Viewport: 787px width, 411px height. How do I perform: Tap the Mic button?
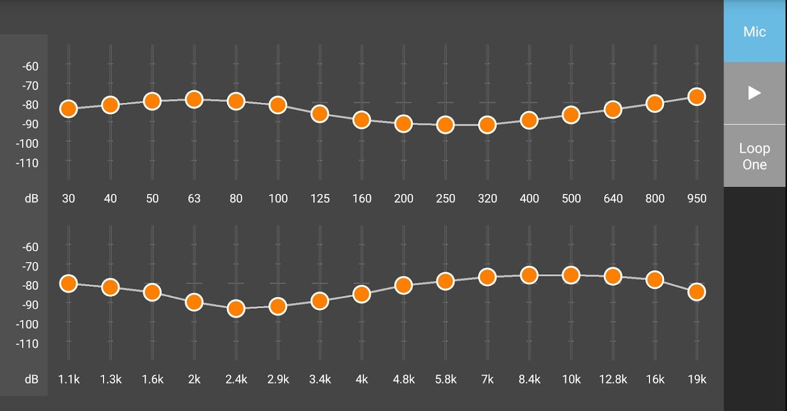tap(754, 32)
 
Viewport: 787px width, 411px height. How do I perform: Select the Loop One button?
tap(754, 156)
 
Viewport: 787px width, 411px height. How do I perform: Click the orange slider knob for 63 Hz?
tap(194, 99)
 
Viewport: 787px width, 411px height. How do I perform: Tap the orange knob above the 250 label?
tap(445, 125)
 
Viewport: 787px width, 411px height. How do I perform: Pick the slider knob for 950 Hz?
tap(697, 97)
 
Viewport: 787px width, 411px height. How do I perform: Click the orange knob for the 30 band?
tap(68, 109)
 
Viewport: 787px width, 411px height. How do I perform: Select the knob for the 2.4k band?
tap(236, 309)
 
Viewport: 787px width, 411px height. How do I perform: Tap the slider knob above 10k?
tap(571, 275)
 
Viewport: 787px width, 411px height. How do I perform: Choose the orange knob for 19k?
tap(697, 292)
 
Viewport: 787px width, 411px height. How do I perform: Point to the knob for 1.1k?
tap(68, 283)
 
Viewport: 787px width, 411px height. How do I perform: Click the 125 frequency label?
tap(320, 199)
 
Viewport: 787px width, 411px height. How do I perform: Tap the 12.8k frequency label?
tap(613, 380)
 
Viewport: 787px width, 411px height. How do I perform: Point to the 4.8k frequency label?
tap(404, 380)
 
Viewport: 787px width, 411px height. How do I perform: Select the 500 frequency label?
tap(571, 199)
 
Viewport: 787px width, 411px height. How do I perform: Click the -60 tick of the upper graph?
tap(30, 66)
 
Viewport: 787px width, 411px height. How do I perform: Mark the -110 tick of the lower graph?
tap(28, 344)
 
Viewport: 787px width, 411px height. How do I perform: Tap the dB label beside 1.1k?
tap(31, 380)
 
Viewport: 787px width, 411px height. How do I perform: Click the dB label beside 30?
tap(31, 199)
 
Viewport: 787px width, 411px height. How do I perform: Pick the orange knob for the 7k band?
tap(487, 277)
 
